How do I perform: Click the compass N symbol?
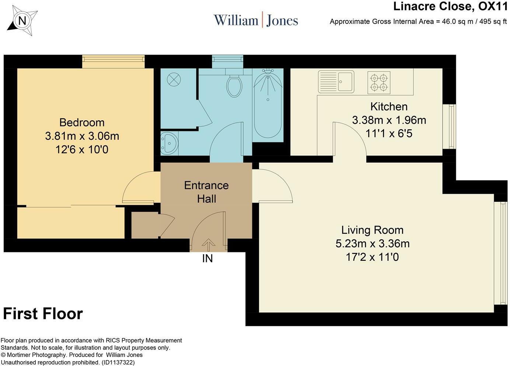click(22, 21)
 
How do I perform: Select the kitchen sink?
click(336, 82)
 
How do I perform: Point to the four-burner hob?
click(378, 83)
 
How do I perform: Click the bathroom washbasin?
click(170, 144)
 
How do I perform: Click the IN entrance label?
click(207, 258)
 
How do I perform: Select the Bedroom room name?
click(82, 122)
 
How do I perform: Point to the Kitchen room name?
click(389, 107)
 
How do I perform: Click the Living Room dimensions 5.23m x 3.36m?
click(373, 244)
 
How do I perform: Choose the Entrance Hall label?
click(206, 192)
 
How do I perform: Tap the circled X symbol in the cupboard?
click(174, 80)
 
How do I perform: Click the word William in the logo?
click(236, 20)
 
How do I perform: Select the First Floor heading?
click(43, 314)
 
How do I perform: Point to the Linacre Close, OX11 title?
click(450, 6)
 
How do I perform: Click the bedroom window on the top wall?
click(113, 62)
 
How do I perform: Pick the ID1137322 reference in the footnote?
click(118, 362)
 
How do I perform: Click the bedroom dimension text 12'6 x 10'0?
click(82, 150)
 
